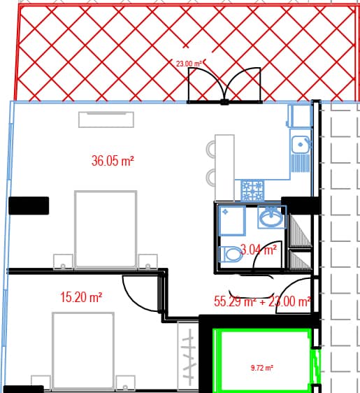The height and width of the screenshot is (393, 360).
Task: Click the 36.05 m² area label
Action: (x=113, y=161)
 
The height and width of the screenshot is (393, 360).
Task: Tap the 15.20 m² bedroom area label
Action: (x=81, y=297)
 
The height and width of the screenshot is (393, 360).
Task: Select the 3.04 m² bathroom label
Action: (x=258, y=248)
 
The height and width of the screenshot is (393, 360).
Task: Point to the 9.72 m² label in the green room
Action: (x=262, y=366)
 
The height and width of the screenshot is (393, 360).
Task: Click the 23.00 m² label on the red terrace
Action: (x=189, y=64)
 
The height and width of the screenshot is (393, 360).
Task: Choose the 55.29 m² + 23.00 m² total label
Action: (x=261, y=302)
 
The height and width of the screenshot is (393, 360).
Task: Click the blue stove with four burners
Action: (x=252, y=187)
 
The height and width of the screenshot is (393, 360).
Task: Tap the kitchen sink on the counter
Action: (x=301, y=145)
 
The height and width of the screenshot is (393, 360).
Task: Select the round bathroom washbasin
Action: (x=271, y=218)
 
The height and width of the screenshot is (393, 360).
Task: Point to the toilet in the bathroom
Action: (x=232, y=255)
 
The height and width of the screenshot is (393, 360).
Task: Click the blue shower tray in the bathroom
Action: (x=231, y=219)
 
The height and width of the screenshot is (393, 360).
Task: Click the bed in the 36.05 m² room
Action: (x=106, y=229)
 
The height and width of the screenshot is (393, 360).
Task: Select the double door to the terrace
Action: (x=224, y=86)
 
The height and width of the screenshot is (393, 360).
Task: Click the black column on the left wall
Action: (x=29, y=206)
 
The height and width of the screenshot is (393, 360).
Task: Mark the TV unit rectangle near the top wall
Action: (x=106, y=119)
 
